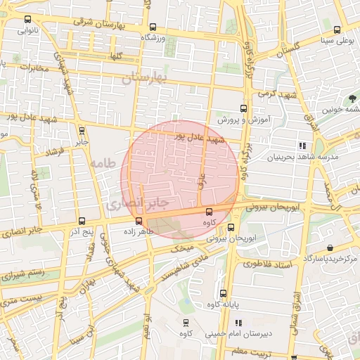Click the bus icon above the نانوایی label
click(x=27, y=20)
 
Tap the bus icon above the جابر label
click(x=82, y=130)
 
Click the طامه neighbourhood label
click(x=103, y=165)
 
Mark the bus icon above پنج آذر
click(x=82, y=221)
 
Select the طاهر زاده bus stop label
click(x=138, y=231)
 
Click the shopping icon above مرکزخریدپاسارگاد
click(x=330, y=248)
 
